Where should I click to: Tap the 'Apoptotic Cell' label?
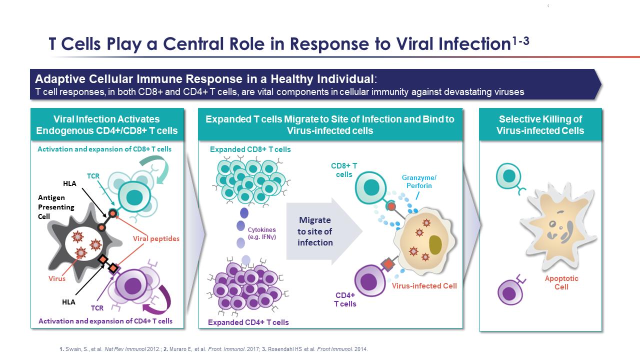pyautogui.click(x=561, y=282)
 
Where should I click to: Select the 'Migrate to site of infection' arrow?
pyautogui.click(x=320, y=231)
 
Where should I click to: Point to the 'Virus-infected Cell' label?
pyautogui.click(x=424, y=286)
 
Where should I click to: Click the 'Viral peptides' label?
pyautogui.click(x=156, y=238)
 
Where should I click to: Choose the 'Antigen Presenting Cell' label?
pyautogui.click(x=55, y=206)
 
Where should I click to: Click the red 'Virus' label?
pyautogui.click(x=57, y=278)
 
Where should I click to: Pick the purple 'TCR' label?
pyautogui.click(x=97, y=308)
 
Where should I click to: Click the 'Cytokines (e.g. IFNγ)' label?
pyautogui.click(x=262, y=233)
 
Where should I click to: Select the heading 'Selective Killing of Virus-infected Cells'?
pyautogui.click(x=540, y=125)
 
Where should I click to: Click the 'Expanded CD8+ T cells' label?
pyautogui.click(x=250, y=149)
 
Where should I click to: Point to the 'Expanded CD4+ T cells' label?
pyautogui.click(x=248, y=322)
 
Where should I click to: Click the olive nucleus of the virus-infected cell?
pyautogui.click(x=435, y=244)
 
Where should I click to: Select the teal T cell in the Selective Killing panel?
pyautogui.click(x=508, y=176)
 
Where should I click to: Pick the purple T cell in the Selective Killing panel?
pyautogui.click(x=509, y=292)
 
